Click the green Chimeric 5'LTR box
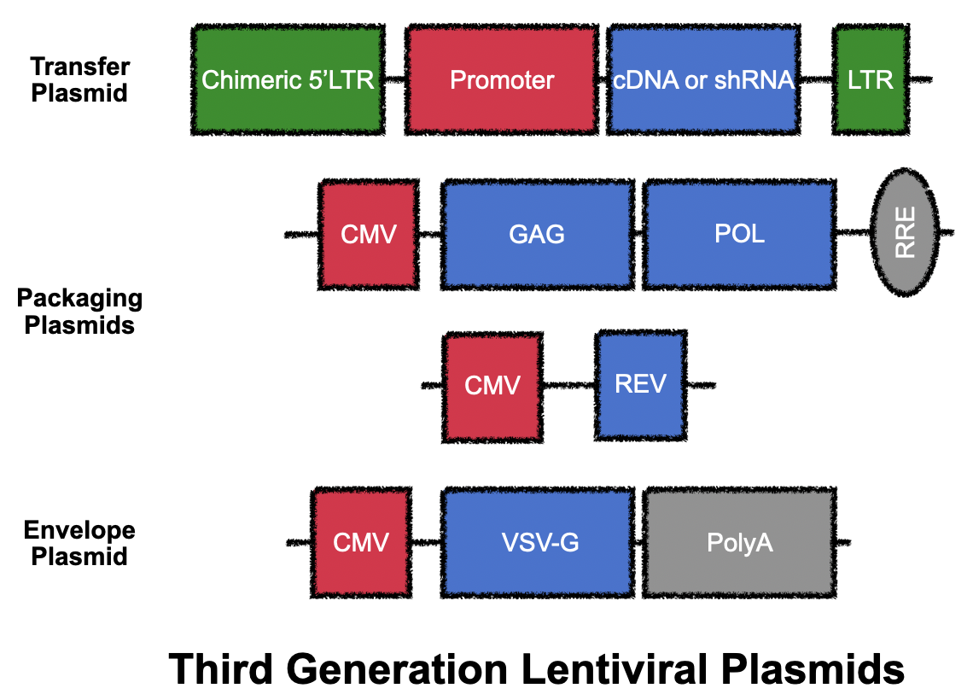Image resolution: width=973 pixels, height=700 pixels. point(288,79)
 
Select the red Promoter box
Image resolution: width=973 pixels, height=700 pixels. point(501,79)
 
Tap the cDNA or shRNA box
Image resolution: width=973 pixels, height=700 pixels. point(703,79)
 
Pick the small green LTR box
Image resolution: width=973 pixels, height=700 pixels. point(871,79)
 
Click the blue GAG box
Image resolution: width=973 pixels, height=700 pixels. point(538,235)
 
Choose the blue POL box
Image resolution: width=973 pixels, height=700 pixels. point(739,235)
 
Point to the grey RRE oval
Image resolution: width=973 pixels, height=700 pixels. point(904,232)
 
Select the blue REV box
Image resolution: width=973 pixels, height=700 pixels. point(640,385)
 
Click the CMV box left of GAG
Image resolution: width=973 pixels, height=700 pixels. point(369,235)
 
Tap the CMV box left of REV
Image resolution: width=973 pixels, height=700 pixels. point(492,388)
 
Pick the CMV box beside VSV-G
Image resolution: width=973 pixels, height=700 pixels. point(361,542)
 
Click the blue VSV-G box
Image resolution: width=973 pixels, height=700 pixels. point(538,542)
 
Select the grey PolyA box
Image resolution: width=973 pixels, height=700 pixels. point(739,542)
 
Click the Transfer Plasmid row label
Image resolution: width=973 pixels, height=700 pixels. point(80,79)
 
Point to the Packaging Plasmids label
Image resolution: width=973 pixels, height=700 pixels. point(79,312)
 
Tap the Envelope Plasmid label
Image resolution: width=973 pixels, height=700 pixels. point(79,543)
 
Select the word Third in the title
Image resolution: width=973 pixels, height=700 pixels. point(221,669)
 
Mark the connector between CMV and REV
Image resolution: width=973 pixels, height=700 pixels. point(569,385)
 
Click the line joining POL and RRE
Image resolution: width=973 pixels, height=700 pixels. point(854,233)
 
